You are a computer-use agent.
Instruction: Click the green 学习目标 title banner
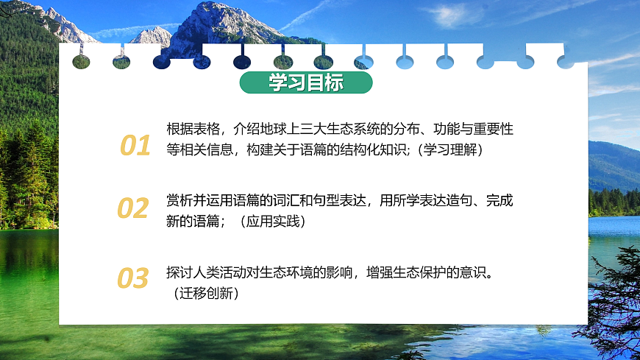tap(305, 82)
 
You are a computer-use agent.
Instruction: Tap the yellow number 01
tap(135, 146)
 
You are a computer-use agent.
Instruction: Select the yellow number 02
tap(133, 209)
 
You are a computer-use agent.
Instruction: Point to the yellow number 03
tap(133, 279)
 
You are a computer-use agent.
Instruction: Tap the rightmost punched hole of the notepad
tap(565, 60)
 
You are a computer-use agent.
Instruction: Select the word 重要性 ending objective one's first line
tap(496, 130)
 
